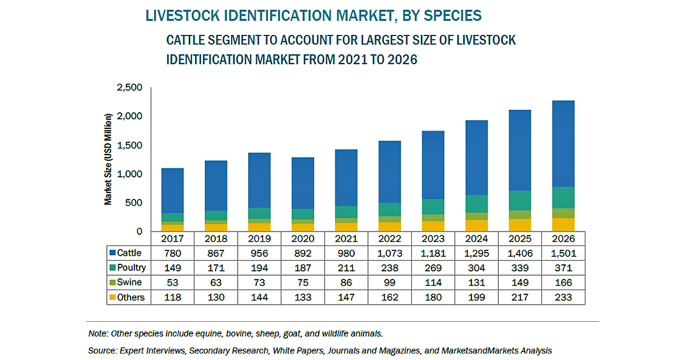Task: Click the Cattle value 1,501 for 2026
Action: tap(563, 253)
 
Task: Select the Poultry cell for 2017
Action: tap(173, 268)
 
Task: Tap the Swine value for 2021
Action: tap(346, 282)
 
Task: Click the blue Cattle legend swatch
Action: tap(112, 253)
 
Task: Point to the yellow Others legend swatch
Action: tap(112, 297)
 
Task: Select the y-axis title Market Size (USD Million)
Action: tap(109, 159)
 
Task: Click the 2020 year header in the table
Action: tap(303, 239)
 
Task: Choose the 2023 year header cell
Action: tap(433, 239)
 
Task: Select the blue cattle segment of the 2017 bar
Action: tap(173, 191)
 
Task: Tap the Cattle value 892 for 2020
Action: tap(303, 253)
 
